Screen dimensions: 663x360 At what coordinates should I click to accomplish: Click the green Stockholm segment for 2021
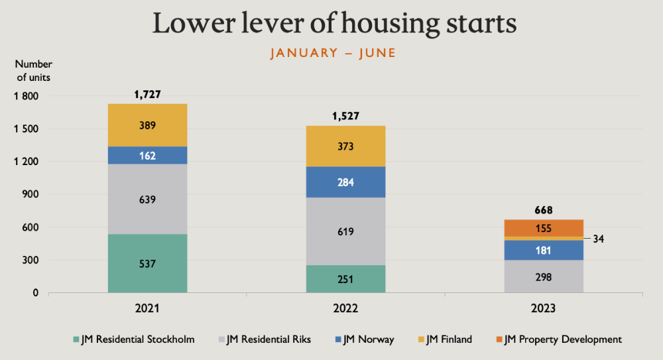click(148, 263)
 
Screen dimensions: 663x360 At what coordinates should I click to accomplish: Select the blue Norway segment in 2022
click(346, 182)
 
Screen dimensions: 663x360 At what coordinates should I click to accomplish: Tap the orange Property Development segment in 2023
click(544, 228)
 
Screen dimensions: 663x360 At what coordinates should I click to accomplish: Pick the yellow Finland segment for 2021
click(148, 125)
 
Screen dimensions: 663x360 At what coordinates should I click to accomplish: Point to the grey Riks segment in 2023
click(544, 276)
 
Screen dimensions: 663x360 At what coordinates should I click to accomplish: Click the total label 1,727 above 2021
click(148, 94)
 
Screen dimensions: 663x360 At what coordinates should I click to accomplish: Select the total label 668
click(544, 210)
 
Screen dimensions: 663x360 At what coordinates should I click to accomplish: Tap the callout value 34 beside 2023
click(598, 239)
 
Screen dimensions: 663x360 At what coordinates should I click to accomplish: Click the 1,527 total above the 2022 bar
click(346, 116)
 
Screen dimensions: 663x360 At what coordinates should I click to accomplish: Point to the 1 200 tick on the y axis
click(26, 162)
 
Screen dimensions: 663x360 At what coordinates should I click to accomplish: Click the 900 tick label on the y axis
click(30, 194)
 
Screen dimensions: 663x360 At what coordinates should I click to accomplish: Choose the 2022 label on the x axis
click(345, 308)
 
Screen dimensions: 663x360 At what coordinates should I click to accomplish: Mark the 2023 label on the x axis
click(544, 308)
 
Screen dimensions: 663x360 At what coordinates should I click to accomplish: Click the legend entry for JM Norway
click(365, 339)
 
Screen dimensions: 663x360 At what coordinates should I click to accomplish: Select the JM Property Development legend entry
click(559, 339)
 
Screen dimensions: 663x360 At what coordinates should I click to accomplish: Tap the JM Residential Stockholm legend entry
click(134, 339)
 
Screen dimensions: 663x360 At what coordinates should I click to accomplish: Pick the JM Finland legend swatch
click(421, 339)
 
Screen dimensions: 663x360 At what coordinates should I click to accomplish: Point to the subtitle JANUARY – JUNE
click(333, 53)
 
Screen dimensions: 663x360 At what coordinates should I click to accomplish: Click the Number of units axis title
click(33, 71)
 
